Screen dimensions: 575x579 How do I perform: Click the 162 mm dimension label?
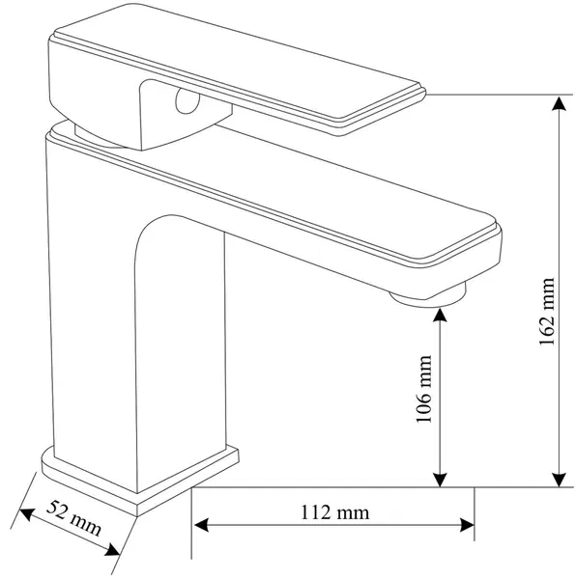click(547, 311)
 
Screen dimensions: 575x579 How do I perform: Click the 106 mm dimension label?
click(424, 389)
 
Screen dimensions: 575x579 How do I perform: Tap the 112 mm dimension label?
click(334, 512)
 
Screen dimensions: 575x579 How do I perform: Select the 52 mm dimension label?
click(73, 517)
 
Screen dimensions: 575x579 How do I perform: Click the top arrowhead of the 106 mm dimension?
click(440, 315)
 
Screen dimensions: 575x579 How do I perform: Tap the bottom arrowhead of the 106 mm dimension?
click(440, 480)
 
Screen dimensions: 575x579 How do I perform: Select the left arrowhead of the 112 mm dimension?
click(201, 525)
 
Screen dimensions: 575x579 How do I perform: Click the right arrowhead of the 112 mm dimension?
click(467, 525)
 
